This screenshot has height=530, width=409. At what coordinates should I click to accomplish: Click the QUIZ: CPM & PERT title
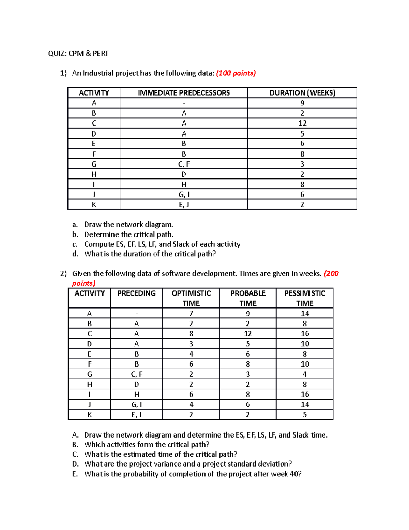pos(78,53)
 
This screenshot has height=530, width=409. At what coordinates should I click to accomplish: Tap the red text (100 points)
pos(236,73)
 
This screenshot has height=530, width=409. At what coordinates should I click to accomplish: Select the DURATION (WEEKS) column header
pos(302,93)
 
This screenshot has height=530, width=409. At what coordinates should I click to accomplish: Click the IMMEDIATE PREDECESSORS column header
pos(184,93)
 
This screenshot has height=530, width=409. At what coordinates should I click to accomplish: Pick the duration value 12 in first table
pos(302,123)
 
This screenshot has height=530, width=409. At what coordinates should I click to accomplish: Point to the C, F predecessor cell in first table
pos(184,164)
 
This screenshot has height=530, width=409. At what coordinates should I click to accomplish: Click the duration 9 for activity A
pos(302,103)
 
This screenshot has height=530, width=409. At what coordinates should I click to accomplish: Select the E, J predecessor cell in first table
pos(184,204)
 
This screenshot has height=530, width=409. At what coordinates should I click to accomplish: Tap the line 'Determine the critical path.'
pos(129,234)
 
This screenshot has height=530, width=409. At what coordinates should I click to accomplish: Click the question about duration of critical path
pos(150,254)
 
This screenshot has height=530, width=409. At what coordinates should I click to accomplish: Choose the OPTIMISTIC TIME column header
pos(191,298)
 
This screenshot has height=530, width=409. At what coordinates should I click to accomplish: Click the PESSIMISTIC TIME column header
pos(304,298)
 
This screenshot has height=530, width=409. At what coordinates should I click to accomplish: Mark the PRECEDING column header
pos(136,293)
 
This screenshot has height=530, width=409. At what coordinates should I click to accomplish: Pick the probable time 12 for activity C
pos(248,334)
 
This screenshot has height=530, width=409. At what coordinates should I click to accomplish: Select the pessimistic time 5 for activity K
pos(304,415)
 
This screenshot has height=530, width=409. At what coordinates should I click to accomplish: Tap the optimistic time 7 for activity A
pos(191,313)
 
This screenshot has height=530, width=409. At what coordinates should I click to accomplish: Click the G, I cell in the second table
pos(136,405)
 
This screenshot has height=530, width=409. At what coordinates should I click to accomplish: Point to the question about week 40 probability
pos(193,474)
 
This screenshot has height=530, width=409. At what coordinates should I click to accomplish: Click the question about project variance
pos(188,464)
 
